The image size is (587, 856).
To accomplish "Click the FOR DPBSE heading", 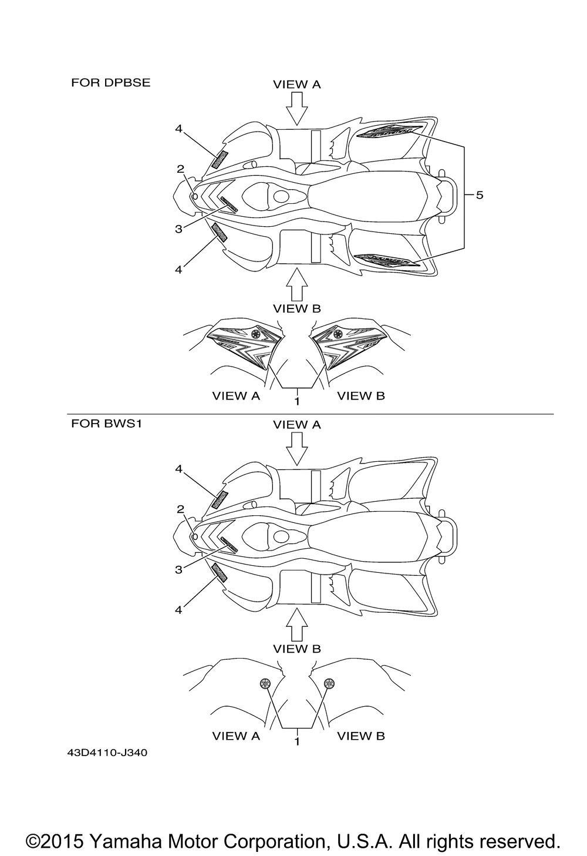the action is point(110,83).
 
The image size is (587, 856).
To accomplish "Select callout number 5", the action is point(480,195).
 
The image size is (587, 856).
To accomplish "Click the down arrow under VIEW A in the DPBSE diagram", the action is point(298,109).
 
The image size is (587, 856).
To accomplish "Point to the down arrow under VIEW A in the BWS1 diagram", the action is point(298,449).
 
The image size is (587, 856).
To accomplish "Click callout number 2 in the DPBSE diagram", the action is point(180,169).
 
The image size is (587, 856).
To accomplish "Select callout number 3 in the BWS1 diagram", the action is point(178,569).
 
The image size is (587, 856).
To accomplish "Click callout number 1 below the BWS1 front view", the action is point(297,741).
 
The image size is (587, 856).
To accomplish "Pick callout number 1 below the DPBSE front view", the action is point(297,401).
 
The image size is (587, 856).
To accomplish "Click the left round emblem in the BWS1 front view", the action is point(265,683).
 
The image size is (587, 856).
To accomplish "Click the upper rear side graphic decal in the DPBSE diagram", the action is point(389,132).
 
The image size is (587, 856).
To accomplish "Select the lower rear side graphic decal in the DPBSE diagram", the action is point(387,259).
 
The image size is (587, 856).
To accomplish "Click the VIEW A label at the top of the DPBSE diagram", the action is point(297,85).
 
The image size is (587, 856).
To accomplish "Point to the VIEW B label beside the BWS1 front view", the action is point(361,736).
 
